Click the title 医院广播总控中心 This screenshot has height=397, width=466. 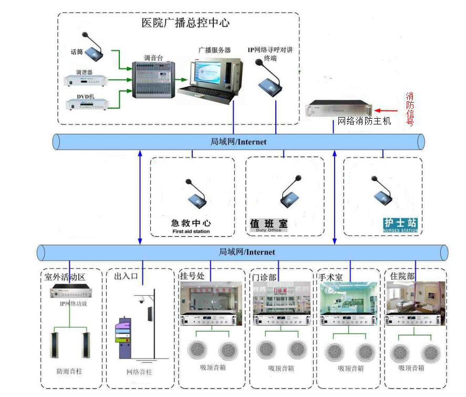[185, 23]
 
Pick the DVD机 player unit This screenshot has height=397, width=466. [87, 104]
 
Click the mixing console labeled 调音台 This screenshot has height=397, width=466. [153, 79]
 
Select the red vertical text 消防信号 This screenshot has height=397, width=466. [410, 109]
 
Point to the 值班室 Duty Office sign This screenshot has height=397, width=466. [269, 225]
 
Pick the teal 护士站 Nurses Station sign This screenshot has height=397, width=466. [401, 225]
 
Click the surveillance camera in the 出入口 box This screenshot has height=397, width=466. [141, 300]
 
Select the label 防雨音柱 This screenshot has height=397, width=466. [70, 371]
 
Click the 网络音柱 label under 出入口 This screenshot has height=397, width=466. [140, 372]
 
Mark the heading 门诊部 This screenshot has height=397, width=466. [265, 276]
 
